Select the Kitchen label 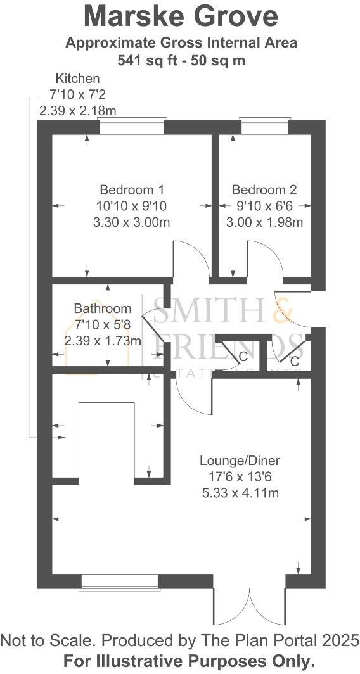(78, 79)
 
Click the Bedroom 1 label (132, 189)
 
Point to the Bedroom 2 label (264, 189)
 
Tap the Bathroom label (103, 308)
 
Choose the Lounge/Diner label (240, 461)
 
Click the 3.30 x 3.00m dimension (132, 222)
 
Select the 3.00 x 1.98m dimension (264, 222)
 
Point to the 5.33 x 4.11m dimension (240, 493)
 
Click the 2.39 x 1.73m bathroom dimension (103, 340)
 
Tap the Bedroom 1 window (132, 126)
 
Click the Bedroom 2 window (264, 126)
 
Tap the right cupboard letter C (294, 361)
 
